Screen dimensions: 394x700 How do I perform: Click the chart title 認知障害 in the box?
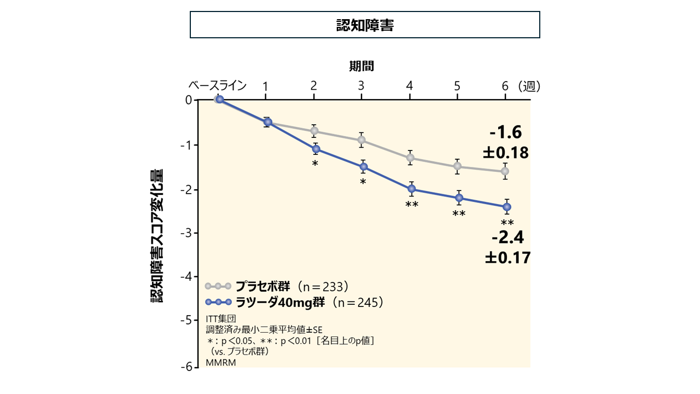click(x=365, y=25)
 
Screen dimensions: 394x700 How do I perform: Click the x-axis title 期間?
click(x=361, y=66)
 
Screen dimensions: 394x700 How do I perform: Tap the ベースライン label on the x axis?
click(x=218, y=86)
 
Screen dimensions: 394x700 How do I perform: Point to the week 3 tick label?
click(x=361, y=86)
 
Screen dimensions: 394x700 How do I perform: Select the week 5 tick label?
click(x=457, y=86)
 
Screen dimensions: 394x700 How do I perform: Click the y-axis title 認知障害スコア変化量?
click(x=157, y=236)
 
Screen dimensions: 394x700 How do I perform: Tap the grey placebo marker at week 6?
click(x=505, y=171)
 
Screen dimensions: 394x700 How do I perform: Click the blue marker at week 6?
click(x=507, y=207)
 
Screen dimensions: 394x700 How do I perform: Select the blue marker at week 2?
click(x=316, y=149)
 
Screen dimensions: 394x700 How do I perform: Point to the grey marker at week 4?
click(x=410, y=158)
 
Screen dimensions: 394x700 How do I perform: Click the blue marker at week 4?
click(x=412, y=189)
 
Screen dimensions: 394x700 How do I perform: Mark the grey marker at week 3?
click(x=361, y=140)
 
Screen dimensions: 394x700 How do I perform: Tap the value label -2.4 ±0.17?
click(x=508, y=247)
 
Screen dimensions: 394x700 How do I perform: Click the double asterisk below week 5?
click(x=459, y=213)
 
